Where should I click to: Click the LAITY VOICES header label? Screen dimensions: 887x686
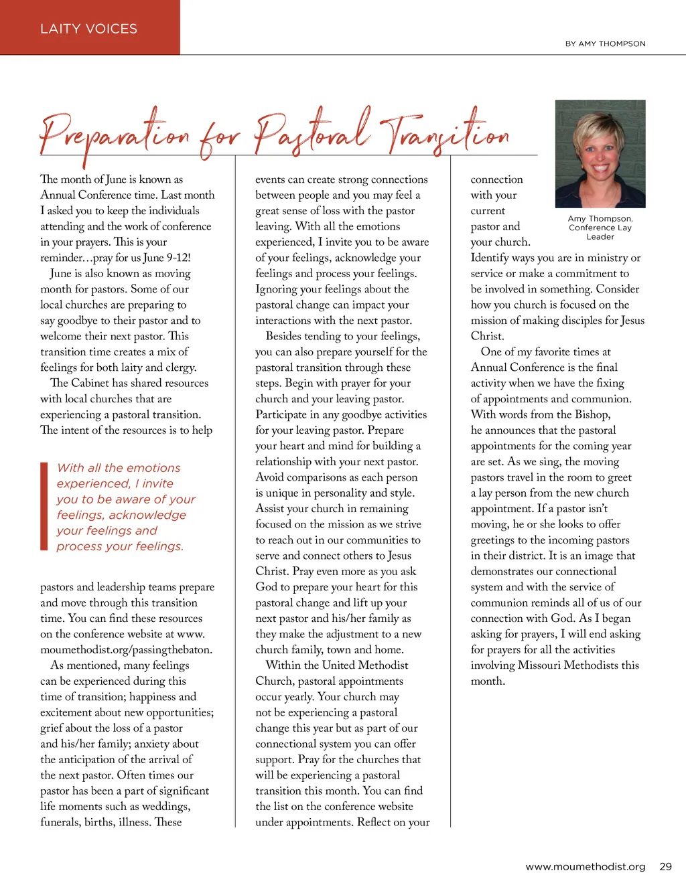88,29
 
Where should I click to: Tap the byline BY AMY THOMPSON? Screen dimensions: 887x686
605,44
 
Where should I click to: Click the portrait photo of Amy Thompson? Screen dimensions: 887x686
600,153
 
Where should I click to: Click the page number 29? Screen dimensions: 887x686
665,866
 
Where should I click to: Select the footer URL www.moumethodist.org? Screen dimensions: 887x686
585,866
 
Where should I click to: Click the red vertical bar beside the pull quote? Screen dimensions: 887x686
44,506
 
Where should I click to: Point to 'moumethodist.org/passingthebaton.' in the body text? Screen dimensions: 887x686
126,649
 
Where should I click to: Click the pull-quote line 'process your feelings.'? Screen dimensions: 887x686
120,546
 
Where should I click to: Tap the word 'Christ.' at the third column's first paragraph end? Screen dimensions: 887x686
488,336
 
